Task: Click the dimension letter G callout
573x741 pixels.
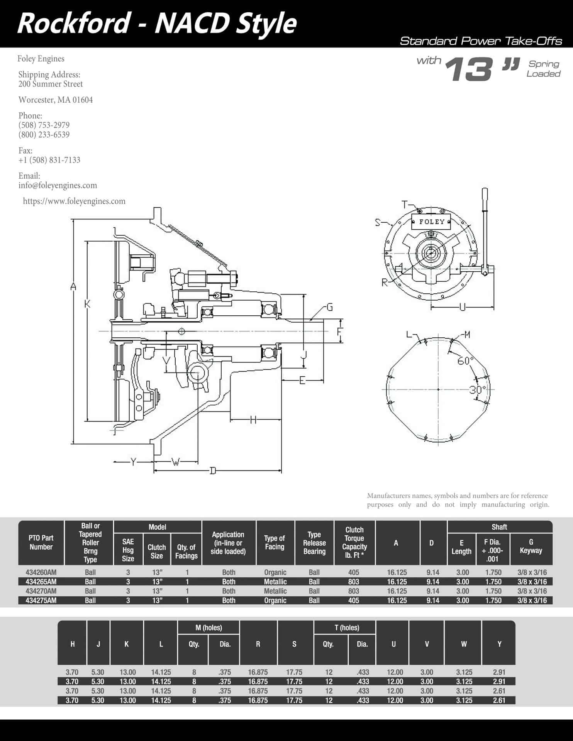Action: (x=330, y=307)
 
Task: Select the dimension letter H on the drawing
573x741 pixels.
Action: (x=253, y=420)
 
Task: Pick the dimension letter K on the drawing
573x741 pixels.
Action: (x=88, y=304)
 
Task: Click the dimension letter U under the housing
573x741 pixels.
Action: (x=463, y=308)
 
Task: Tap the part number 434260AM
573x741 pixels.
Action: (x=41, y=572)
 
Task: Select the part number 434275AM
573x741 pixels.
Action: (x=41, y=601)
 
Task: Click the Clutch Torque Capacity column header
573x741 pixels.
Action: (x=354, y=543)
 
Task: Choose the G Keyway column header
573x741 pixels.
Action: (x=531, y=546)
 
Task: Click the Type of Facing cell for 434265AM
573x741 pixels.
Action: (x=275, y=582)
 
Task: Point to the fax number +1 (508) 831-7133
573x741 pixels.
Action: (x=49, y=160)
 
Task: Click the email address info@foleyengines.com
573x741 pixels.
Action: (x=58, y=185)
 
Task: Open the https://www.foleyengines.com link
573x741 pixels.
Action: (x=74, y=201)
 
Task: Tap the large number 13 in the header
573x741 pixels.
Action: (x=470, y=69)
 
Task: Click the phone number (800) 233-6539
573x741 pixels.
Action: (x=44, y=135)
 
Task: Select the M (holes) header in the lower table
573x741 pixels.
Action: (x=209, y=628)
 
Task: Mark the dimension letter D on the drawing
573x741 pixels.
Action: (x=213, y=470)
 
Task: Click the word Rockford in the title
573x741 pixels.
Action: (x=74, y=23)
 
